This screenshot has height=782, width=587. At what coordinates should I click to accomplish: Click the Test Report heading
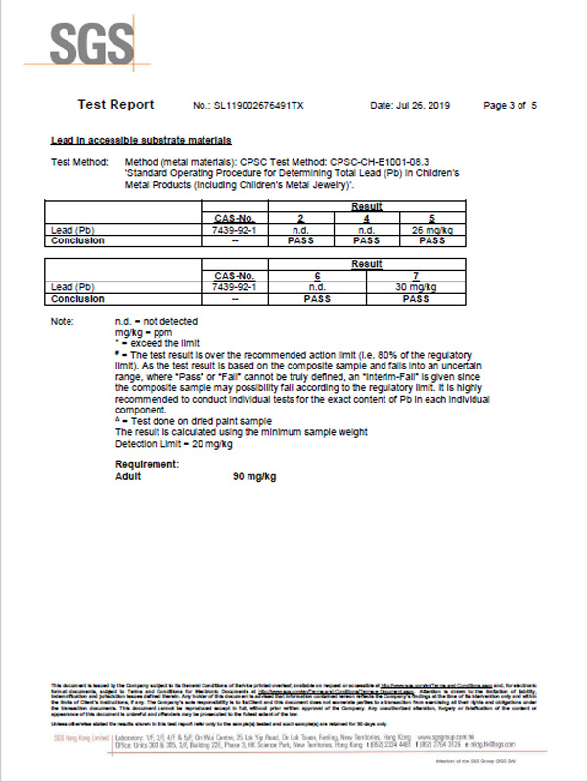pos(115,105)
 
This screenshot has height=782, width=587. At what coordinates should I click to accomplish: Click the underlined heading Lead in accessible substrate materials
pos(141,141)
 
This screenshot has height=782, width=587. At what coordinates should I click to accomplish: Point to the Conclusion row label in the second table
pos(77,299)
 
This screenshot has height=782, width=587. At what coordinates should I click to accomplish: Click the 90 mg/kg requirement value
pos(254,476)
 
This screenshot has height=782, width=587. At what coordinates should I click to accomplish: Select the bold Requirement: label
pos(147,465)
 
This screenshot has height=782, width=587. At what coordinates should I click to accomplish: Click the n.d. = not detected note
pos(157,322)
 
